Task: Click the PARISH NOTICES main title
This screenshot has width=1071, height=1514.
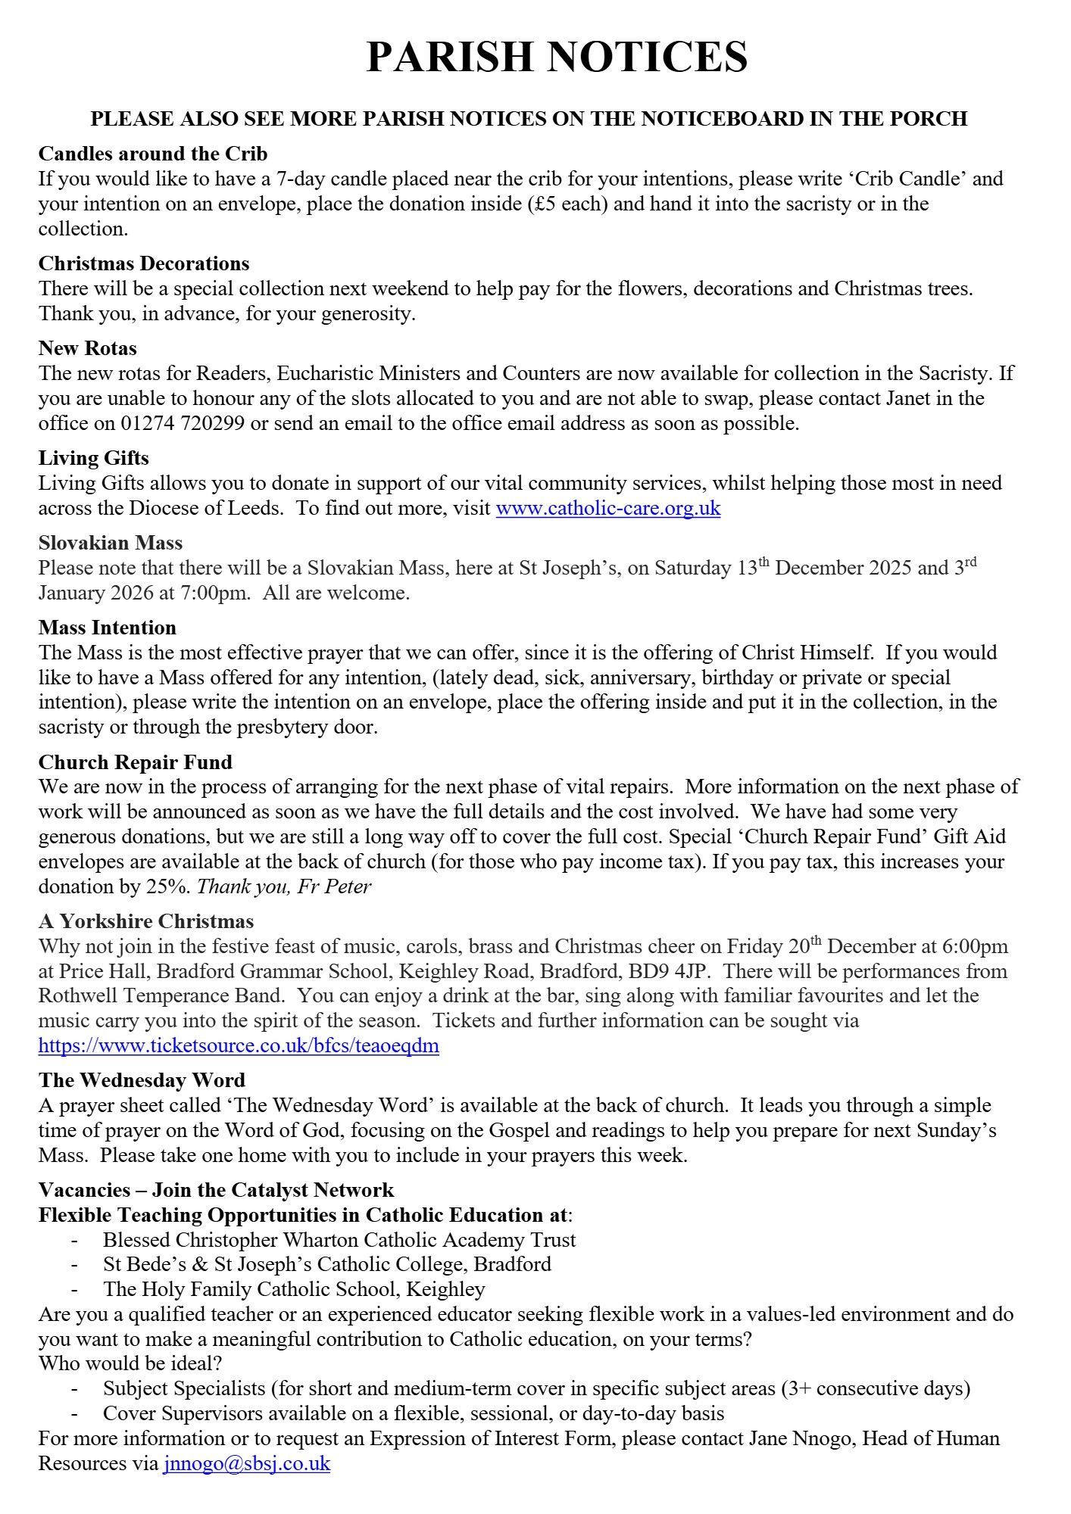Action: point(557,57)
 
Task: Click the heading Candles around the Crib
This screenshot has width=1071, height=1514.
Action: point(153,154)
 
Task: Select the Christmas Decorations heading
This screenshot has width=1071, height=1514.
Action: point(144,263)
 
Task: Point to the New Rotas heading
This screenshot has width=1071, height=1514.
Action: point(88,348)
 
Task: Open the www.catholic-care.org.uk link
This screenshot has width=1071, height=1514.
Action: point(607,507)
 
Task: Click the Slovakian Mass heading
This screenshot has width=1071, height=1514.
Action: point(111,543)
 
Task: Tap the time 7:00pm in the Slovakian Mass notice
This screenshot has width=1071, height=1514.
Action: point(215,593)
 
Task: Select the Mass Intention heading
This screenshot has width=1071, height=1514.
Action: point(108,628)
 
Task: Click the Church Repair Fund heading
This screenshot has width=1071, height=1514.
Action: point(136,762)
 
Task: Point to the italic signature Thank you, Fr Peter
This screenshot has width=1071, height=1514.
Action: point(284,886)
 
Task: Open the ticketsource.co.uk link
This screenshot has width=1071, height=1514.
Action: point(239,1046)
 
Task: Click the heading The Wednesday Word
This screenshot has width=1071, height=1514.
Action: point(142,1080)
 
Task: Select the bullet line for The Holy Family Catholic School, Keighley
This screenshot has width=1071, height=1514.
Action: point(294,1289)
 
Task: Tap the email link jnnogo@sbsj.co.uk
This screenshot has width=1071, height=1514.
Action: point(246,1463)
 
